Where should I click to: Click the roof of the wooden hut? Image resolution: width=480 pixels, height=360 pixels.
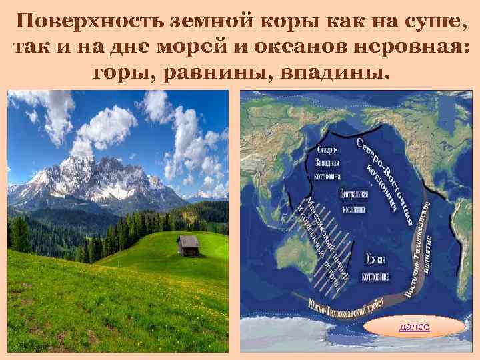tap(189, 240)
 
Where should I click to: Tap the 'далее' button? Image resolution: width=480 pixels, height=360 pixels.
tap(414, 326)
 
